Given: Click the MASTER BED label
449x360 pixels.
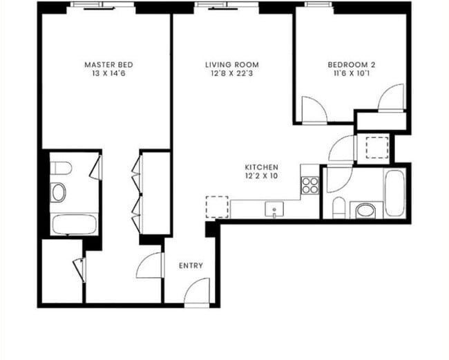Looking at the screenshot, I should pyautogui.click(x=104, y=65).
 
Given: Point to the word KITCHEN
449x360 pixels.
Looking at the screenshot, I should pyautogui.click(x=262, y=167).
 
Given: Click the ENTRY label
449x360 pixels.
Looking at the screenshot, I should pyautogui.click(x=191, y=265).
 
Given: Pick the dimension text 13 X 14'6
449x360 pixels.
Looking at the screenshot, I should pyautogui.click(x=104, y=74).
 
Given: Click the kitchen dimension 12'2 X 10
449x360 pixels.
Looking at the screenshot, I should pyautogui.click(x=262, y=176).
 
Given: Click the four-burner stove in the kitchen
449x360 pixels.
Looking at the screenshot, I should pyautogui.click(x=310, y=184).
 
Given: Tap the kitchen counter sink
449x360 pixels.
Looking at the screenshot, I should pyautogui.click(x=274, y=208).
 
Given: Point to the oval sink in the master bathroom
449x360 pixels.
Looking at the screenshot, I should pyautogui.click(x=59, y=192).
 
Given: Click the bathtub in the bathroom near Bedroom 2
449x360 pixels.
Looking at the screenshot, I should pyautogui.click(x=397, y=193).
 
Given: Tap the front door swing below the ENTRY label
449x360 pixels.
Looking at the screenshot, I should pyautogui.click(x=196, y=292).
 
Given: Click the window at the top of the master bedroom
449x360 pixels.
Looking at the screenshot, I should pyautogui.click(x=103, y=6).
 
